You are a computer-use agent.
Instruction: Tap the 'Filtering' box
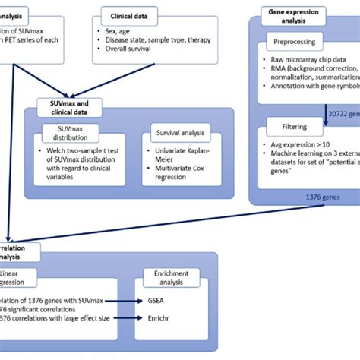[x=289, y=128]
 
